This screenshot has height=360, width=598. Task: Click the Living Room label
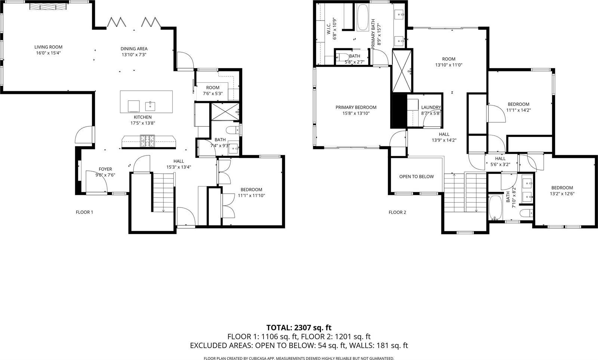(48, 47)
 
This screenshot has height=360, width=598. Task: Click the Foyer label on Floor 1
(105, 169)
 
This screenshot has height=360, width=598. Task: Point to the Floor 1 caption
(84, 212)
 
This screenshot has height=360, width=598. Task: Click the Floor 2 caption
(397, 212)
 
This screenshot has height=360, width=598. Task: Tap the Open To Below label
(416, 176)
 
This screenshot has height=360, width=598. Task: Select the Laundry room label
(431, 107)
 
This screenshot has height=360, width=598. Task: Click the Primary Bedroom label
(356, 107)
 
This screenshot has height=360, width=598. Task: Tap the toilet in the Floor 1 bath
(234, 130)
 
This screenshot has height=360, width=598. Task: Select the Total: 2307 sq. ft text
(299, 328)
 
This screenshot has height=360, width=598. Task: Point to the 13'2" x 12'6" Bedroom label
(562, 188)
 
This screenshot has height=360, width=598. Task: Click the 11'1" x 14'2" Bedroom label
(518, 104)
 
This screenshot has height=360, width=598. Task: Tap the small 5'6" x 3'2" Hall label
(500, 159)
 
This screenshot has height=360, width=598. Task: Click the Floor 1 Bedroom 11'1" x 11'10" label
(251, 190)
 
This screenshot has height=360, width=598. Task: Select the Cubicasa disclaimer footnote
(299, 358)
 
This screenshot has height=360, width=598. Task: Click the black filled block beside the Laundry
(398, 111)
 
